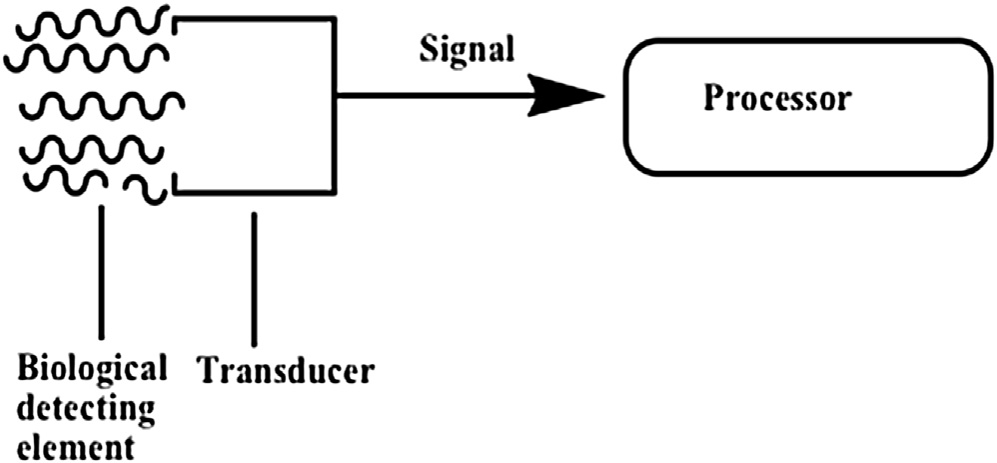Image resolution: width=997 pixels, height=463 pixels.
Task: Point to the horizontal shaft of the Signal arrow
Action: coord(430,97)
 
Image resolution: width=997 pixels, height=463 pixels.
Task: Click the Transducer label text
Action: coord(285,371)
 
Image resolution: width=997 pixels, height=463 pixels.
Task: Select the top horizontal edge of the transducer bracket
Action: coord(255,17)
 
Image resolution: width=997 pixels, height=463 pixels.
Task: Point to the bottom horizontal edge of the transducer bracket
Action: coord(255,192)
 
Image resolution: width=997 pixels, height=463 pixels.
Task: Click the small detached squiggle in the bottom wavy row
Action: coord(145,188)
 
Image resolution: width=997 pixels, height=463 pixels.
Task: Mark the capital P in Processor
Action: coord(712,99)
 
